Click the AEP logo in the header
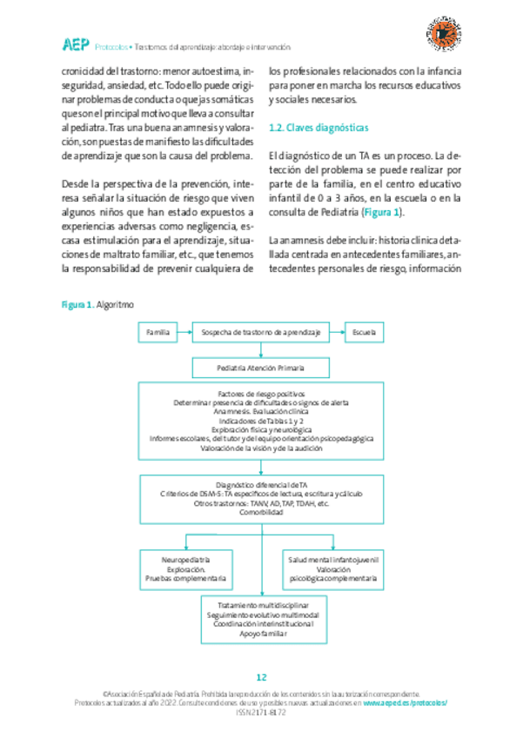tap(74, 44)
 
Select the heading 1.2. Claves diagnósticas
tap(318, 128)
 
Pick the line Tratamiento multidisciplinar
tap(261, 603)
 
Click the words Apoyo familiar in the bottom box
tap(261, 634)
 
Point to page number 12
tap(261, 678)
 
